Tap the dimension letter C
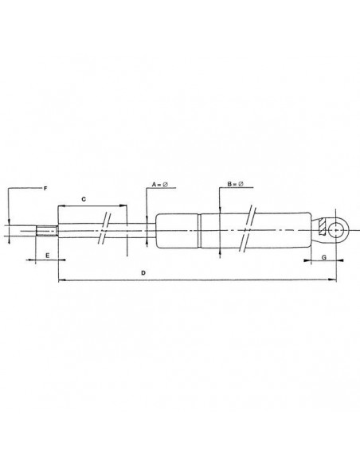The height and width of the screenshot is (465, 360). [x=84, y=196]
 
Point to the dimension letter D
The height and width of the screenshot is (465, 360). [x=143, y=272]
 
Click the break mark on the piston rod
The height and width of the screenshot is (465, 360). [x=104, y=232]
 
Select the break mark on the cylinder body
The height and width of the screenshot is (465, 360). [x=250, y=231]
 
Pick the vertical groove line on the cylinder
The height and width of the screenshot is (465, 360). [x=199, y=231]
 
